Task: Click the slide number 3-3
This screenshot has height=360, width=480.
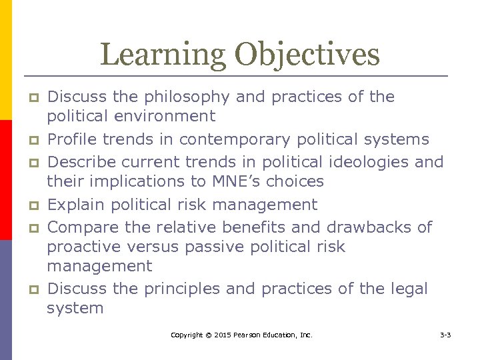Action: tap(445, 335)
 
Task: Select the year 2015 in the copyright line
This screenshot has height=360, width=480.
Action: tap(219, 335)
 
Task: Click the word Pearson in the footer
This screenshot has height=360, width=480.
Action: tap(247, 335)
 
